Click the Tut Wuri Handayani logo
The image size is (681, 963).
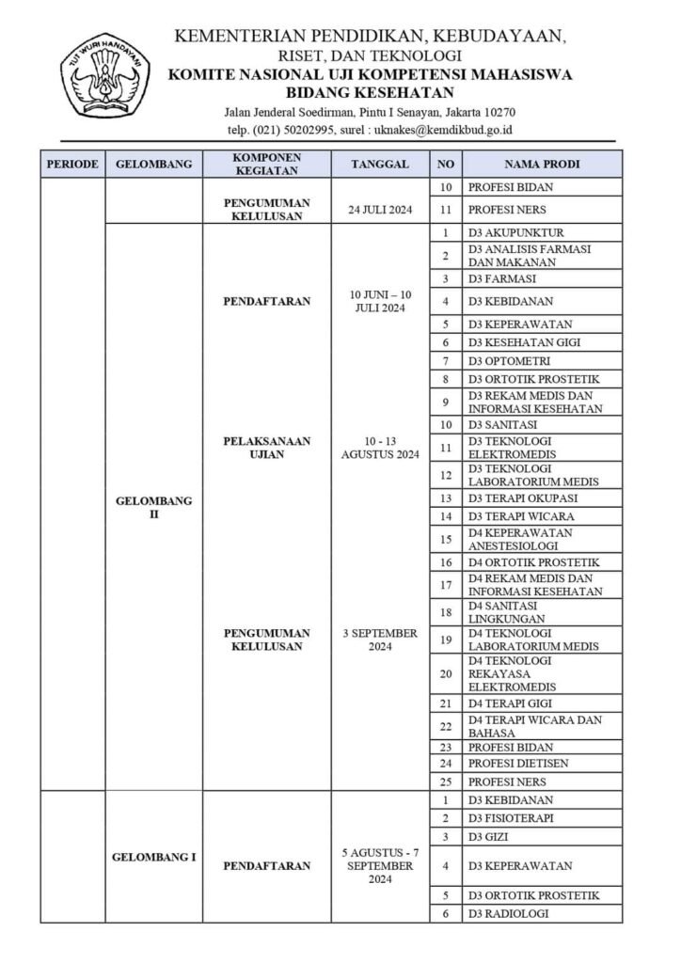tap(105, 81)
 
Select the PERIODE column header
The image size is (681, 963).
tap(72, 164)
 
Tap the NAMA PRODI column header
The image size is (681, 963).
tap(542, 164)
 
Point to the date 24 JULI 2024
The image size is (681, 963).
tap(379, 210)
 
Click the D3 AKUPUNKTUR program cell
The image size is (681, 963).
tap(515, 232)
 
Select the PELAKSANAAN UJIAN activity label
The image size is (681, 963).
tap(266, 448)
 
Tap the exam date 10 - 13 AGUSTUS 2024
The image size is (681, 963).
tap(379, 448)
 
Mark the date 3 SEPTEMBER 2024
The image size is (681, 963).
tap(379, 639)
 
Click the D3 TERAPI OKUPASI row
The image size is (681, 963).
tap(522, 497)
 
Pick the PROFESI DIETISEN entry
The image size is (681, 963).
tap(518, 763)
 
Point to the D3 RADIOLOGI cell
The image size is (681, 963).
tap(509, 913)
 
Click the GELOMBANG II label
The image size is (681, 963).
tap(153, 508)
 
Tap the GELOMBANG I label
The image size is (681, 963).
tap(153, 858)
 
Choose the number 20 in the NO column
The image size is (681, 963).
tap(445, 673)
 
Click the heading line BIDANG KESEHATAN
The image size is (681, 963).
tap(370, 92)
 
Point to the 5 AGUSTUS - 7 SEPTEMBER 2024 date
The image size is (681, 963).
tap(379, 865)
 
